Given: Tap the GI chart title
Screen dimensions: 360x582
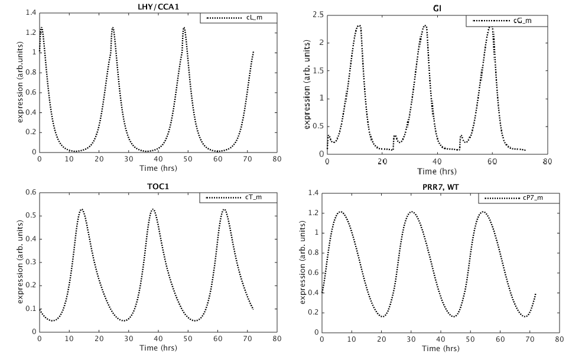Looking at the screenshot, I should click(x=437, y=8).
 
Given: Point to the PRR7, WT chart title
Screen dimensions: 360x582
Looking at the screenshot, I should click(x=440, y=187).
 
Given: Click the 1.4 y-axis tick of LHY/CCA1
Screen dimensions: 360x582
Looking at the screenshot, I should click(x=30, y=12).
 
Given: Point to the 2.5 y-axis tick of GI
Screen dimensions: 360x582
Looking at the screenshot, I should click(x=318, y=14).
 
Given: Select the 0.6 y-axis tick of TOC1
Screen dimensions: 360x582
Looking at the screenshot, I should click(x=30, y=192).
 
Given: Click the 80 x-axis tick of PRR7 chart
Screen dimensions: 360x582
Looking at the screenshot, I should click(x=559, y=339).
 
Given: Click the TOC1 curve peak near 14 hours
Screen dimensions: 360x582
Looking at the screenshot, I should click(x=82, y=209).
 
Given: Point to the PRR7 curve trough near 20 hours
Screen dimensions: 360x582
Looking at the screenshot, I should click(x=383, y=316).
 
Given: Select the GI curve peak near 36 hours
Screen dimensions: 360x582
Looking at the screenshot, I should click(x=425, y=25).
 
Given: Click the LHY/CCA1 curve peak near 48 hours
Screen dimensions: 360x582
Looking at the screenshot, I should click(x=184, y=27).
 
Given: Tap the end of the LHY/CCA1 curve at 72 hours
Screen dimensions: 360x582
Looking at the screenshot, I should click(x=253, y=51).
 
